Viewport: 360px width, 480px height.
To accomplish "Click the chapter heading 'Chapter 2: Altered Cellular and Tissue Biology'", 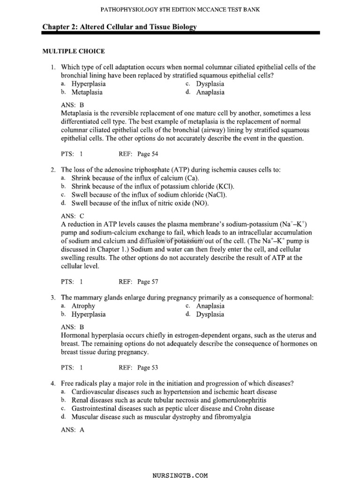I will tap(119, 27).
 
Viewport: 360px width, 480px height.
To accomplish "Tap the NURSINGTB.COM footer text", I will tap(180, 475).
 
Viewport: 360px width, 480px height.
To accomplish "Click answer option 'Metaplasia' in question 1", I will tap(87, 92).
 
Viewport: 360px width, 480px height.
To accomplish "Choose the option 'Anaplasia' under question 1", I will tap(210, 92).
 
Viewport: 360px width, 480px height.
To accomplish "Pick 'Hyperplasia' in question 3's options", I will tap(88, 315).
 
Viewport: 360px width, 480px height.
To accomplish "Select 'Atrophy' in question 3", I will tap(83, 306).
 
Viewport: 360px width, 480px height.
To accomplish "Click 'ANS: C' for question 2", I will tap(73, 216).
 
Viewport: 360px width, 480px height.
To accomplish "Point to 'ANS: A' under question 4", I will tap(73, 430).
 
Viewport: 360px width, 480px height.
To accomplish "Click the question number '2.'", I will tap(54, 170).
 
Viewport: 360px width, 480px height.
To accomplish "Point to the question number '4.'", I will tap(54, 383).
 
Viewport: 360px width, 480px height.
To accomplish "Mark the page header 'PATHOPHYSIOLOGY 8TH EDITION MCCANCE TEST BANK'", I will tap(180, 9).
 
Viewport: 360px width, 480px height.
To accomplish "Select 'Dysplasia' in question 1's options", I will tap(210, 84).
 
